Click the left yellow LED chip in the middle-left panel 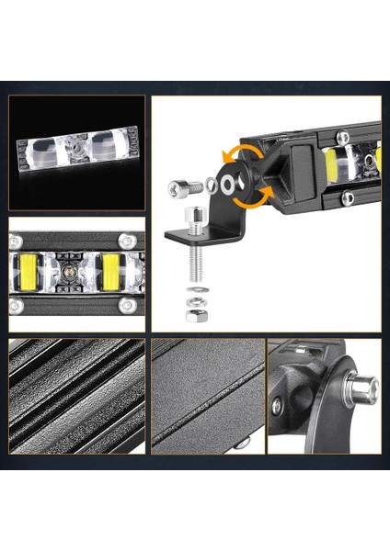[28, 274]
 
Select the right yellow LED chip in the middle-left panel [111, 273]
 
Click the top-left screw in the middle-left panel [16, 242]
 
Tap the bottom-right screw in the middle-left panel [129, 305]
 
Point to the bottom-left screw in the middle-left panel [16, 305]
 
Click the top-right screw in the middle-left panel [127, 241]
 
